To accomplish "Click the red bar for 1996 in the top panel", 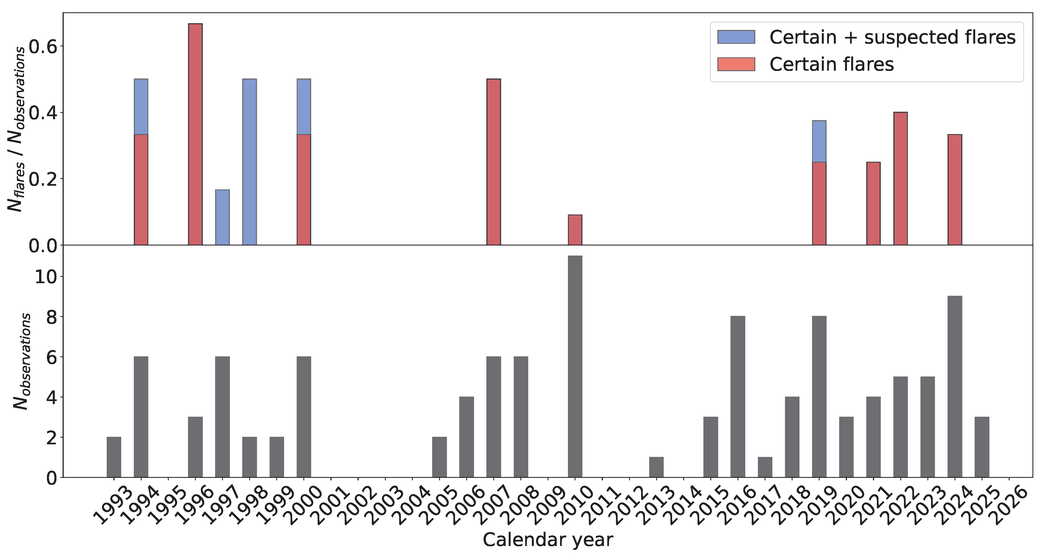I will coord(196,134).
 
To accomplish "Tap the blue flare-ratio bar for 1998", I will coord(249,161).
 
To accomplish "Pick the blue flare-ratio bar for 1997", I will coord(222,217).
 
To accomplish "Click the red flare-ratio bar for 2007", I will coord(493,161).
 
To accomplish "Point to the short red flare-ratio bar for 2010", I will coord(575,230).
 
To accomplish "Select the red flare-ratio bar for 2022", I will coord(900,178).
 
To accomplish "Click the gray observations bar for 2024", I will coord(955,387).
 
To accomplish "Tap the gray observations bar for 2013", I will coord(656,467).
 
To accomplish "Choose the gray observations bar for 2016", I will coord(737,397).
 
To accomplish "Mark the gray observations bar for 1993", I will coord(114,457).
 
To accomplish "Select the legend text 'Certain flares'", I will coord(831,65).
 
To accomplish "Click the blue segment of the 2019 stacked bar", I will coord(819,141).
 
